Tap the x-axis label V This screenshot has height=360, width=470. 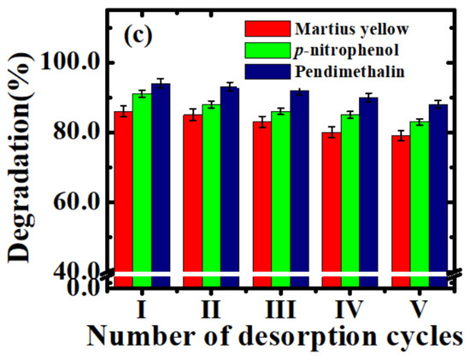pos(420,306)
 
